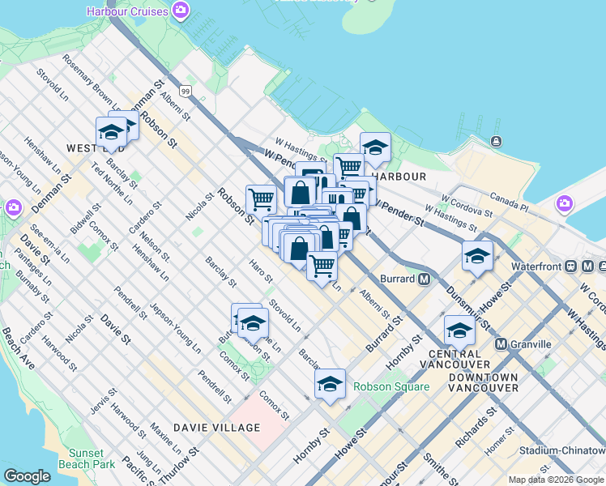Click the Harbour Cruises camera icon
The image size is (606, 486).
pyautogui.click(x=181, y=11)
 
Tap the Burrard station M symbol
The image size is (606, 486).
pyautogui.click(x=424, y=279)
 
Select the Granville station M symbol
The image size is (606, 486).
pyautogui.click(x=501, y=343)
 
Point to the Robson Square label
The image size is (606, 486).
pyautogui.click(x=391, y=386)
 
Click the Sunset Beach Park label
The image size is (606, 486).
pyautogui.click(x=87, y=458)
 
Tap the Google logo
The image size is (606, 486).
pyautogui.click(x=28, y=476)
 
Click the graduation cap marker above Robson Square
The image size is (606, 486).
pyautogui.click(x=330, y=385)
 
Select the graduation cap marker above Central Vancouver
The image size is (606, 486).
pyautogui.click(x=459, y=330)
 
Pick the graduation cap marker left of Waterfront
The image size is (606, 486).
pyautogui.click(x=478, y=256)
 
